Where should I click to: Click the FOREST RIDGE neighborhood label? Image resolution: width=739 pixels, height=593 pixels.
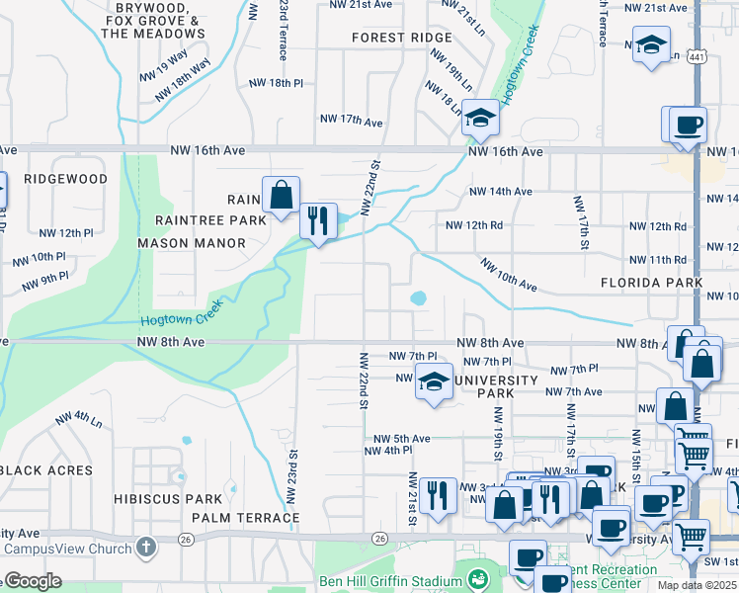pos(401,38)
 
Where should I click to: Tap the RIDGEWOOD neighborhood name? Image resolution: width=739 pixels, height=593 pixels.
pos(65,179)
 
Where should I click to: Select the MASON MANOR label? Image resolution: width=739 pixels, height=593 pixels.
pos(190,242)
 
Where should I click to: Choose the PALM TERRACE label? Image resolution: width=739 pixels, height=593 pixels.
pos(245,518)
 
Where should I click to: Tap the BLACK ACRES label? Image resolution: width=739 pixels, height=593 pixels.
pos(45,470)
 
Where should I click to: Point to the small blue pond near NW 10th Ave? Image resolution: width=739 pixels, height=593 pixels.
pos(418,297)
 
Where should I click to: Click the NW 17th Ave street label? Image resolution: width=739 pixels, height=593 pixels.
pos(351,121)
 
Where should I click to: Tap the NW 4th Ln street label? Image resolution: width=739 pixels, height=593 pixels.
pos(79,419)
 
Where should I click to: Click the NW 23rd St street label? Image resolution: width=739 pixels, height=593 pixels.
pos(292,475)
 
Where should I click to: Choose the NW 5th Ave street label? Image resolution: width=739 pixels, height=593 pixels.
pos(401,439)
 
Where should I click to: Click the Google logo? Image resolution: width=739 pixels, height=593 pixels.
pos(34,581)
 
